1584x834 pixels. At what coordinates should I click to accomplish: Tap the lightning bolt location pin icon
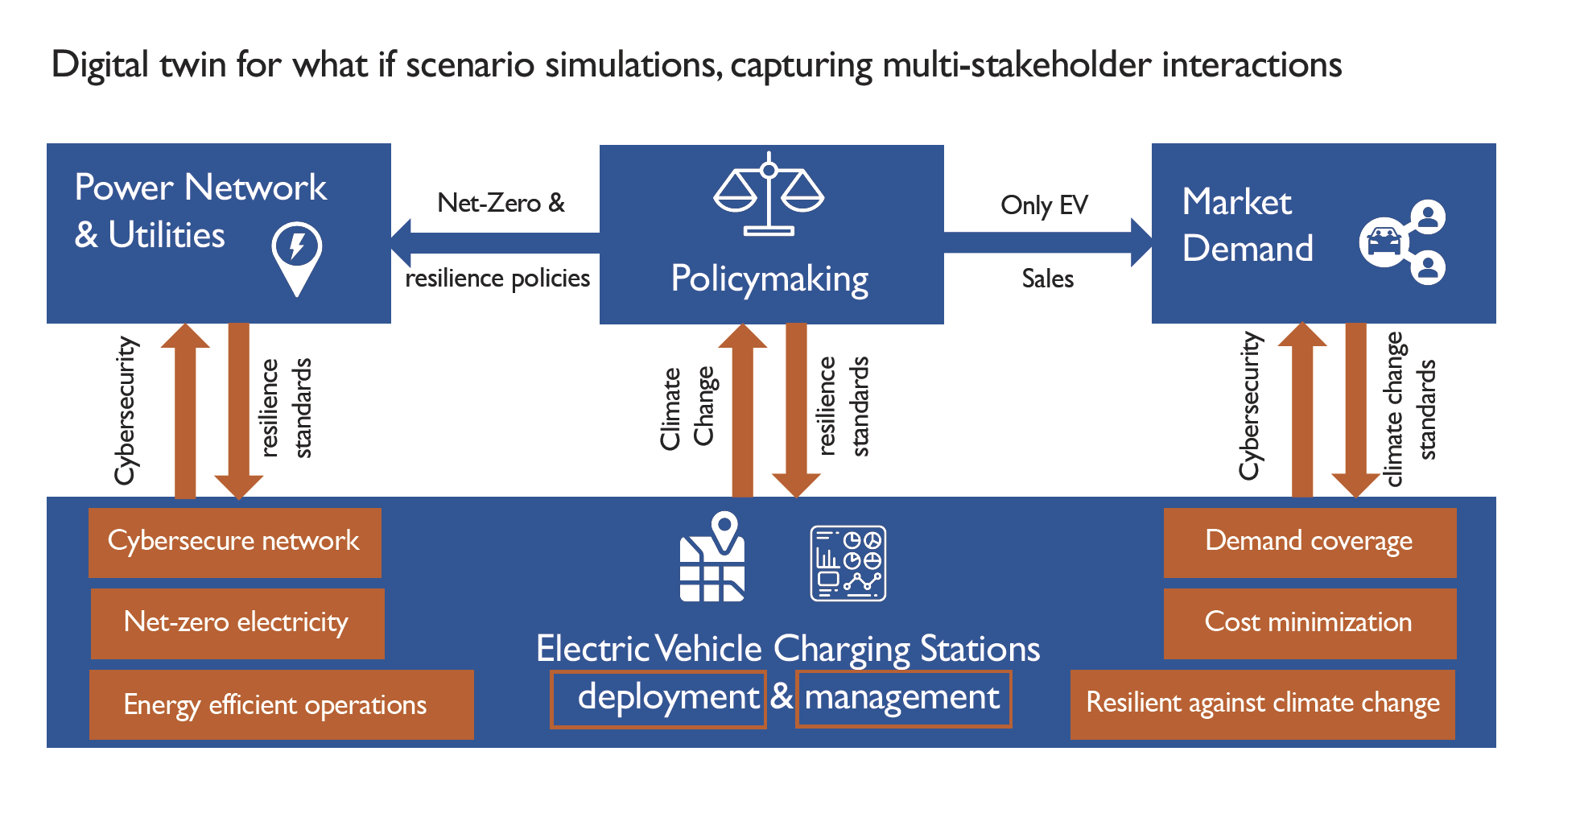point(297,257)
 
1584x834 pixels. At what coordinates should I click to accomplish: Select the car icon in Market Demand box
point(1384,242)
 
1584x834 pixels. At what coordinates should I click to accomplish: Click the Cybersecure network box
point(234,542)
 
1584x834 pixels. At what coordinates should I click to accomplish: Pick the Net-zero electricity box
point(237,623)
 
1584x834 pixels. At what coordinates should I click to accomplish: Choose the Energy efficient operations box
point(281,704)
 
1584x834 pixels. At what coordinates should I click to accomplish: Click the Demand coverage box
point(1309,542)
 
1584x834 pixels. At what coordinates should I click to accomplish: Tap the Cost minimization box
point(1309,623)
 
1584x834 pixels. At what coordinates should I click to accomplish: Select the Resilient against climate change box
point(1262,704)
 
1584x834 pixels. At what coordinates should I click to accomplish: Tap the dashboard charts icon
point(848,563)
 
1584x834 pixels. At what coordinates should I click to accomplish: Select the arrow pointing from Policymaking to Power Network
point(495,242)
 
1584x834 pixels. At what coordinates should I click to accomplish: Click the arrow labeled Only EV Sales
point(1046,242)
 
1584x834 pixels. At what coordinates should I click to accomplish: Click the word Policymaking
point(769,279)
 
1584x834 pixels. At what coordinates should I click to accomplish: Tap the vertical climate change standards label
point(1410,409)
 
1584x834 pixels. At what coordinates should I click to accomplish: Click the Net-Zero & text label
point(501,203)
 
